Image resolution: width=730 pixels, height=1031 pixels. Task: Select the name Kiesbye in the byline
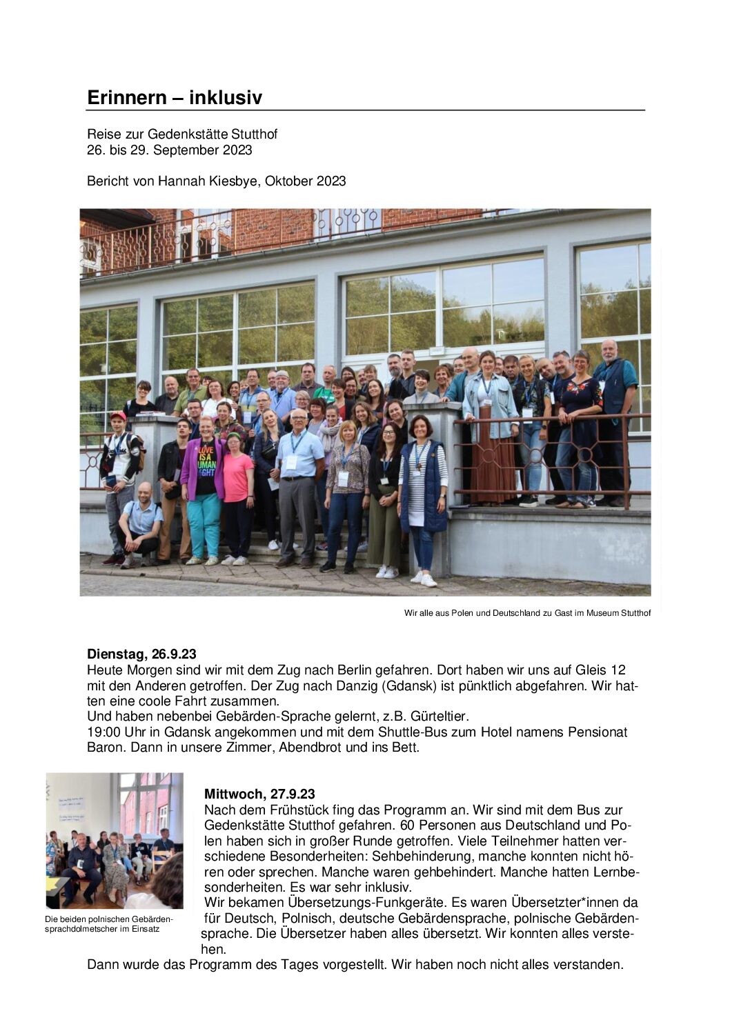[x=217, y=181]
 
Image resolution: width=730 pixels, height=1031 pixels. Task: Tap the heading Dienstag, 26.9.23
[x=141, y=654]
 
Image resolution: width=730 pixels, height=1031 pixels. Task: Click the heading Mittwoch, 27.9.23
[x=259, y=794]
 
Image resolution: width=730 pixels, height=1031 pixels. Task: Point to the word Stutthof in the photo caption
[x=634, y=612]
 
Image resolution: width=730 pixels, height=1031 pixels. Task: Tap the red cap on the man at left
[x=119, y=416]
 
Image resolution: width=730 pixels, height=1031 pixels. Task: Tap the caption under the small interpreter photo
[x=108, y=924]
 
